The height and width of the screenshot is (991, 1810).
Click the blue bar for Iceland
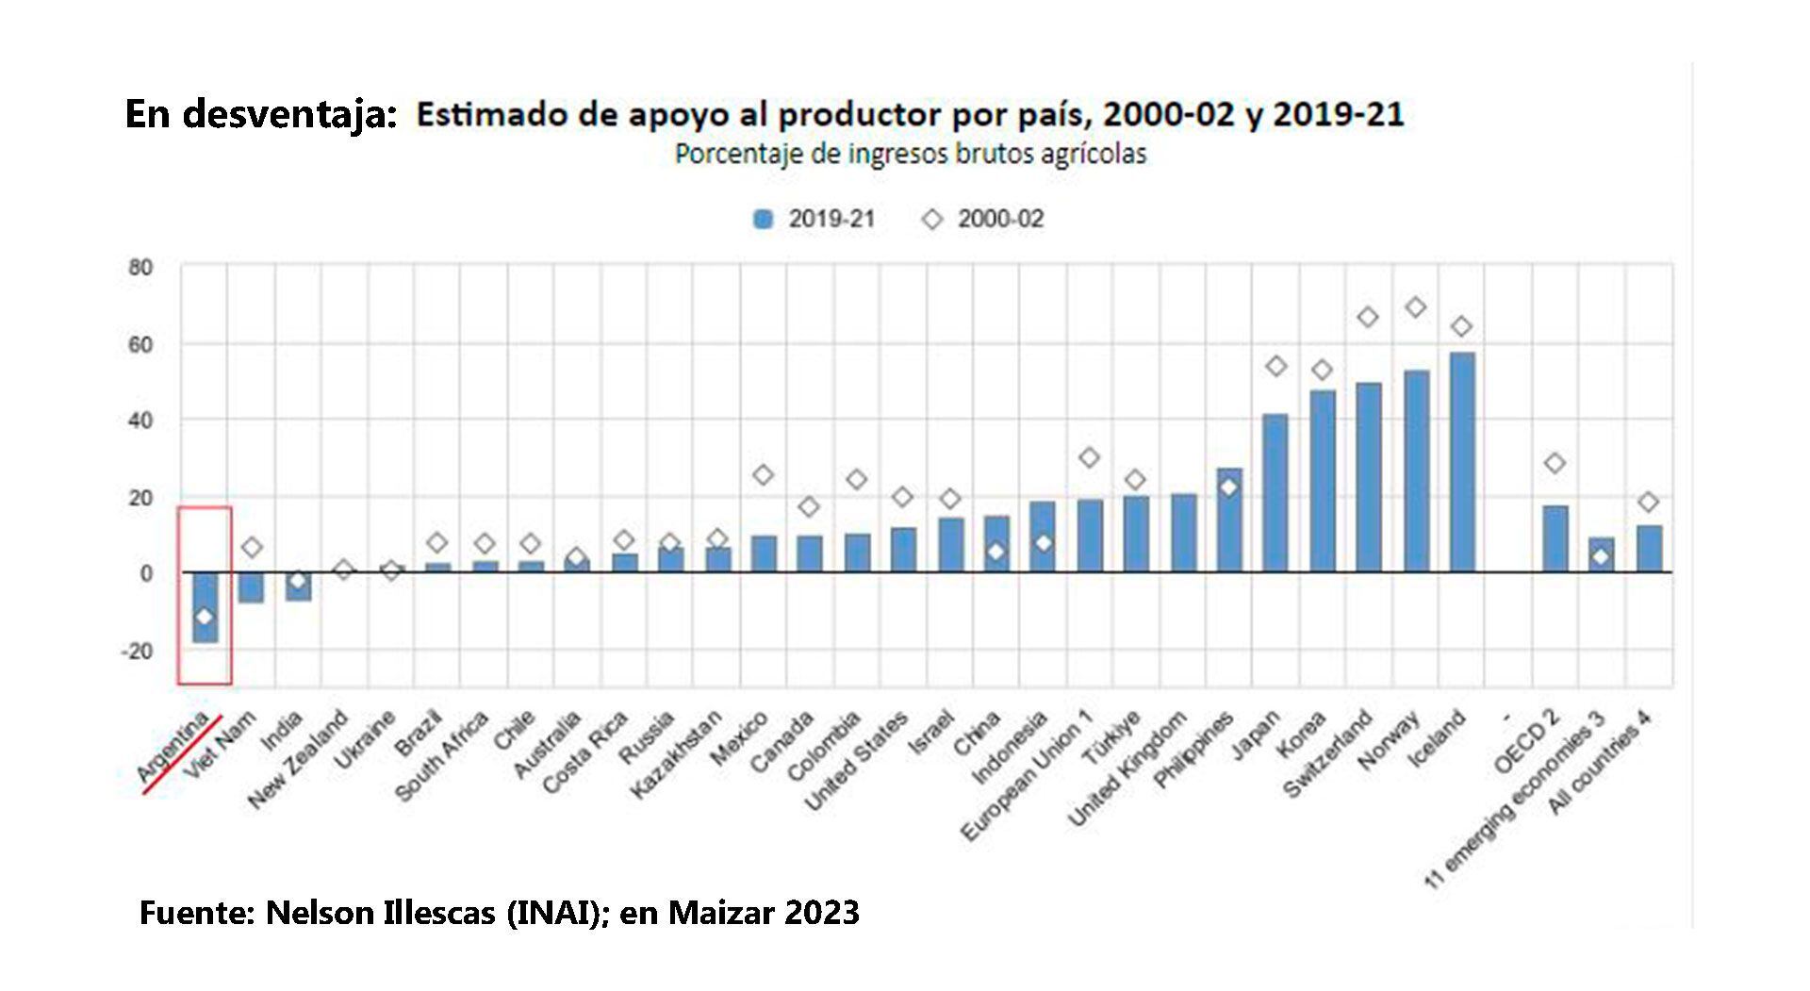coord(1461,462)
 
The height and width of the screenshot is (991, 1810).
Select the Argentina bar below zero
coord(205,607)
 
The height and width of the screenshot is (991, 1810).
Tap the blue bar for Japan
coord(1275,493)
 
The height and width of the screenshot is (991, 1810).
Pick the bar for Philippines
coord(1229,520)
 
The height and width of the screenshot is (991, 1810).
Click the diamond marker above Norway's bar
coord(1415,307)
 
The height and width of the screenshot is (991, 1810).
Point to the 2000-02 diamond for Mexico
coord(764,475)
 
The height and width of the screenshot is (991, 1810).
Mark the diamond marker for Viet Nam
coord(251,548)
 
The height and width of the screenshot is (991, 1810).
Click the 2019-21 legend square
coord(764,220)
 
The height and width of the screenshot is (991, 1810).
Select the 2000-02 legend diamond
coord(932,220)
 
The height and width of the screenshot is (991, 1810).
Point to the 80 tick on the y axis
coord(140,268)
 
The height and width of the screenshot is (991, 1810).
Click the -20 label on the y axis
coord(137,652)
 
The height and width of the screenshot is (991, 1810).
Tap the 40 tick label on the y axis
coord(140,421)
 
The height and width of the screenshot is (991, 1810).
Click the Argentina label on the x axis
coord(173,751)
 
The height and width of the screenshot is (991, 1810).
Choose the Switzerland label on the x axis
coord(1329,755)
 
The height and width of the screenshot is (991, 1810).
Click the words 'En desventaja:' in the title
coord(261,114)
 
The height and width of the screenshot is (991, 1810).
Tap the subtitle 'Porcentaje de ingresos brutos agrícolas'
coord(910,155)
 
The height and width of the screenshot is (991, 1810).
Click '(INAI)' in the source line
coord(556,913)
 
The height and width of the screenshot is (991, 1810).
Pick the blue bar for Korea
coord(1322,481)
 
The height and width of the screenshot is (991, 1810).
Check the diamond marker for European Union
coord(1089,458)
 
